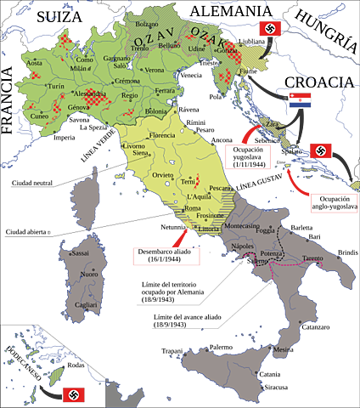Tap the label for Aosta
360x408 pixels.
point(35,64)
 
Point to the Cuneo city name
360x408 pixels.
point(40,117)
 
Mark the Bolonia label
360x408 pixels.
point(156,111)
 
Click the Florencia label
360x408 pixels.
point(161,135)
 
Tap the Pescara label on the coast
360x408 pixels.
point(222,188)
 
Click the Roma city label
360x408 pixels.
point(192,209)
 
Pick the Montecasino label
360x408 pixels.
point(241,225)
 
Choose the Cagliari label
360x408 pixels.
point(84,304)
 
